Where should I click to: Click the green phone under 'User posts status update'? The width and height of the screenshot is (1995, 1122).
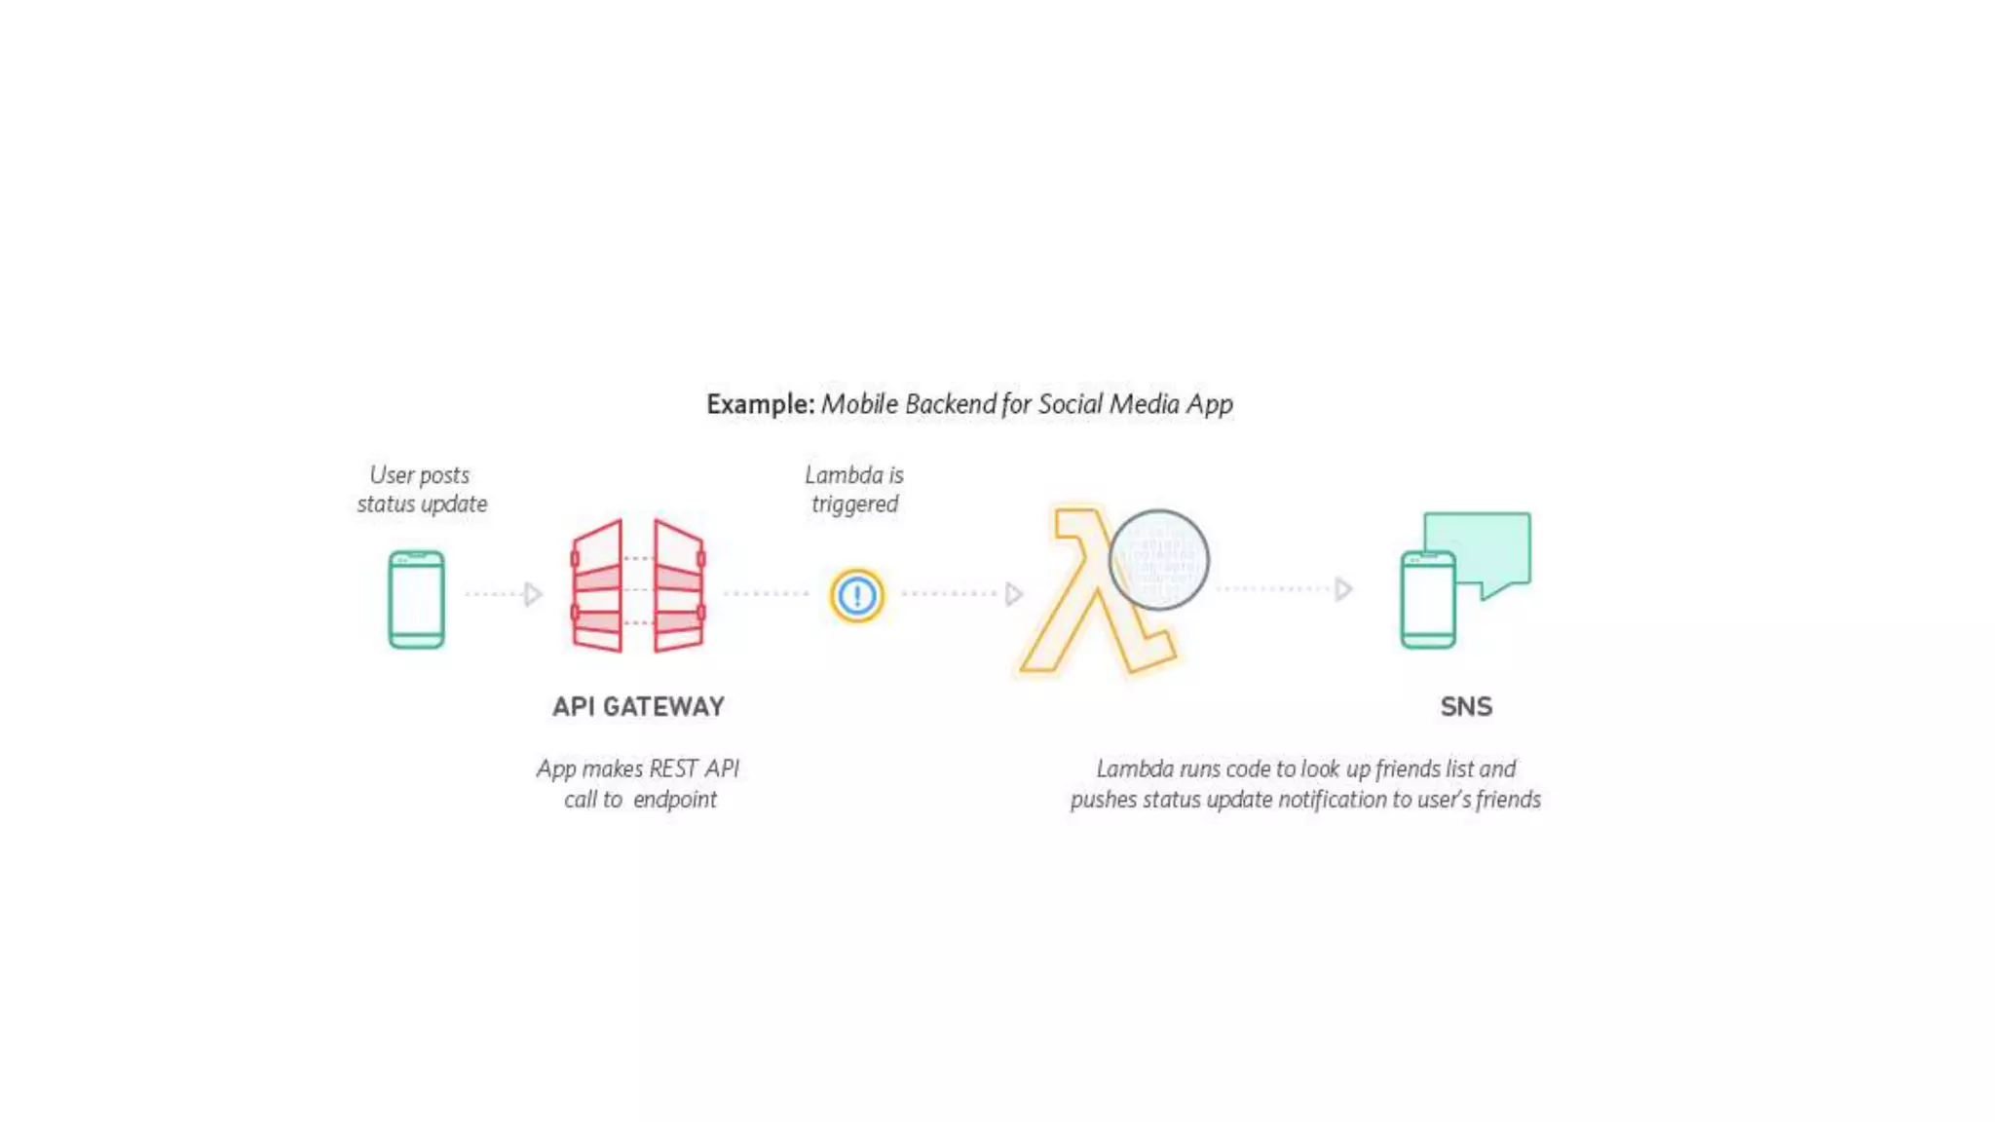click(416, 599)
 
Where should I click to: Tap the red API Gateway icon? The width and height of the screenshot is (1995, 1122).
click(638, 586)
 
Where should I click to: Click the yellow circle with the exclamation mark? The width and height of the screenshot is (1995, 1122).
click(856, 595)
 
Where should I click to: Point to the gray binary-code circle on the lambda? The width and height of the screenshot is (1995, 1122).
click(1158, 560)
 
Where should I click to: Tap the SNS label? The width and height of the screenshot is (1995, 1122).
click(1466, 706)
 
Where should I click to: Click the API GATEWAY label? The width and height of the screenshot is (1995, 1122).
click(638, 706)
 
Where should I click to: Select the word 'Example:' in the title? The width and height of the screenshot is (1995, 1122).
click(760, 404)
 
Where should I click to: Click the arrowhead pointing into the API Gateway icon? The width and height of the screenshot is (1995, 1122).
click(532, 594)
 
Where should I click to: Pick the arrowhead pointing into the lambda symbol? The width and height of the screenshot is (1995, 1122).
click(1013, 594)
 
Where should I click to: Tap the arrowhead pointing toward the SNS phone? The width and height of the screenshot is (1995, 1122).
click(1343, 589)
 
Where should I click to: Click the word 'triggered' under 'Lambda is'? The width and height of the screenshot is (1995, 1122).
click(854, 505)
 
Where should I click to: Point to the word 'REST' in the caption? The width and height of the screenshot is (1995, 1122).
click(673, 768)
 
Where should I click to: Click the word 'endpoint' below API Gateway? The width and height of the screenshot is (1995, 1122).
click(675, 800)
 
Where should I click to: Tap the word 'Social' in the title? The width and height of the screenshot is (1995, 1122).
click(1070, 404)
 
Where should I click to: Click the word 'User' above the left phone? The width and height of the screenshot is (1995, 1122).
click(392, 475)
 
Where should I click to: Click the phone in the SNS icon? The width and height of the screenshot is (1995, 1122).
click(1428, 600)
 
